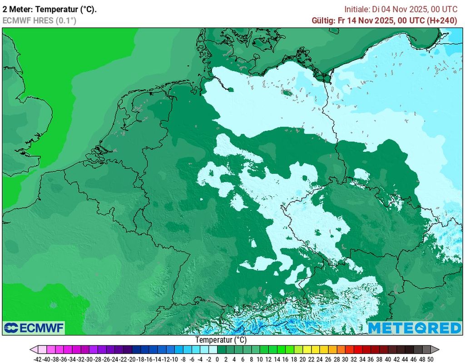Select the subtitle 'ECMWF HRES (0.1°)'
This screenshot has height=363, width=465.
click(x=40, y=20)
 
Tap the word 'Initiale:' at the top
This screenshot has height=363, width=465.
click(x=357, y=9)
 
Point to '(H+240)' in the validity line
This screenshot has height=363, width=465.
click(x=440, y=20)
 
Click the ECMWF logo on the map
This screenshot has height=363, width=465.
click(x=34, y=327)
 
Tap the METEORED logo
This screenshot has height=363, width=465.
click(x=414, y=328)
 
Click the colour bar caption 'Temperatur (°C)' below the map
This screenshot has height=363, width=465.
click(x=221, y=340)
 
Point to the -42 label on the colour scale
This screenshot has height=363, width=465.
click(x=39, y=359)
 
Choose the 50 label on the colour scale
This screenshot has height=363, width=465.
click(x=430, y=359)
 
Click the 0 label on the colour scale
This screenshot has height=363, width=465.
click(x=217, y=359)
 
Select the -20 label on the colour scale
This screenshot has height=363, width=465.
click(x=132, y=359)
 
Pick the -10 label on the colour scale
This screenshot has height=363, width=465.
click(x=174, y=359)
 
